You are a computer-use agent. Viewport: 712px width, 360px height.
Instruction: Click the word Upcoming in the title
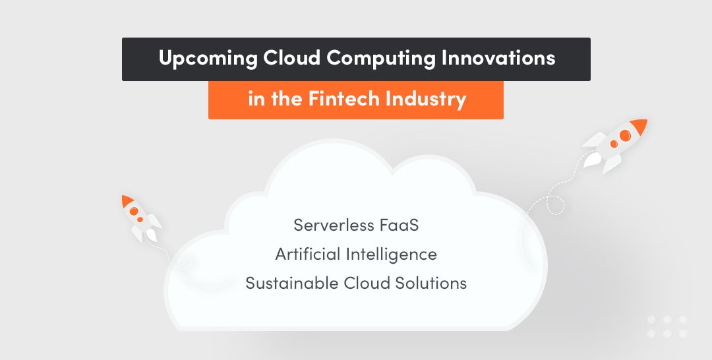207,59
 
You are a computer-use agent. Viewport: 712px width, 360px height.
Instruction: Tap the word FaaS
399,225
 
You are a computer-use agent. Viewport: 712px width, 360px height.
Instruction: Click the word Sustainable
292,283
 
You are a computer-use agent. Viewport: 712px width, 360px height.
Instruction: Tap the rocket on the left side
139,217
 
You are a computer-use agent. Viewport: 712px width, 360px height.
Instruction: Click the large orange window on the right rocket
624,136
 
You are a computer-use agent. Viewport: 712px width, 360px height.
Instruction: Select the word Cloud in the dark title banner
293,58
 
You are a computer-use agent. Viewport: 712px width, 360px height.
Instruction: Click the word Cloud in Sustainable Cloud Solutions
367,283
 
